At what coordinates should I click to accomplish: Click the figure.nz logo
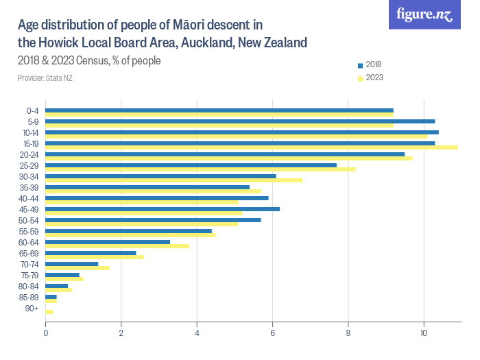(x=426, y=14)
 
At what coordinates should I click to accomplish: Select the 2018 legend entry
(x=370, y=64)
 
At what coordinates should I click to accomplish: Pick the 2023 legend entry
(x=370, y=77)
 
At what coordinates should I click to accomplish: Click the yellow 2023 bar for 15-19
(x=251, y=147)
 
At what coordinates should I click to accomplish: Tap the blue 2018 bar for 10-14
(x=241, y=132)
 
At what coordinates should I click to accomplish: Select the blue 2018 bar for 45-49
(x=162, y=208)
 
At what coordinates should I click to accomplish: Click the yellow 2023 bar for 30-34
(x=173, y=180)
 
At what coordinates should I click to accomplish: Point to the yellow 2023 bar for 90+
(x=49, y=312)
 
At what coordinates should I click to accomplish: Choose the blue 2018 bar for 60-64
(x=108, y=241)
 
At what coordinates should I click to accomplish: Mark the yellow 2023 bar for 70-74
(x=77, y=268)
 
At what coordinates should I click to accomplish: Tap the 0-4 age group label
(x=32, y=110)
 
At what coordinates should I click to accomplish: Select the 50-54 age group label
(x=29, y=220)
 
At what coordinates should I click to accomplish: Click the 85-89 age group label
(x=29, y=297)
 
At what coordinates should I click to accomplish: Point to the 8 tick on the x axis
(x=348, y=334)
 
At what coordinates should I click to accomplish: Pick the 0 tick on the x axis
(x=45, y=334)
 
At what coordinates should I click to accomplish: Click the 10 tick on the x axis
(x=424, y=334)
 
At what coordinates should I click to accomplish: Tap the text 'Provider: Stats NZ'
(x=45, y=78)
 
